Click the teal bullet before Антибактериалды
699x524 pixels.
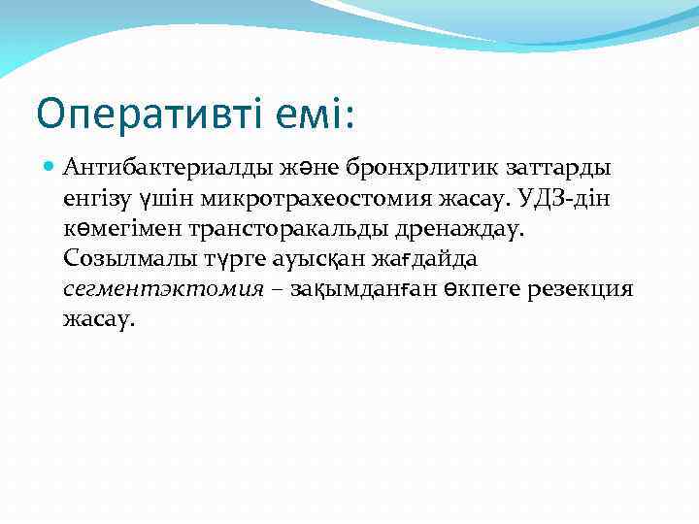coord(51,168)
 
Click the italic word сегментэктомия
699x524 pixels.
coord(162,289)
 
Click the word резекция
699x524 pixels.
coord(581,289)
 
